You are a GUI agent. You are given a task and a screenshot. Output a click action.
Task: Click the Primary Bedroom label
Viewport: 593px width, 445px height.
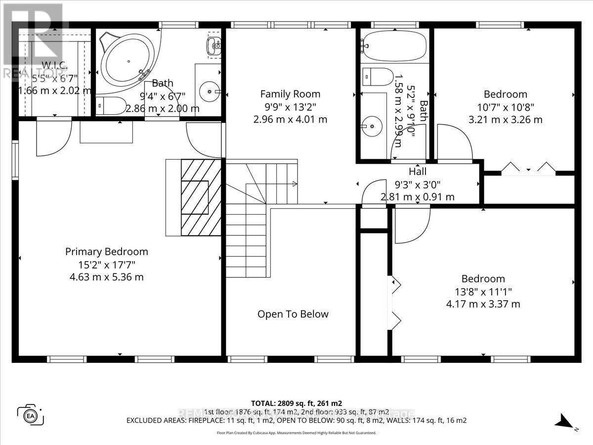107,252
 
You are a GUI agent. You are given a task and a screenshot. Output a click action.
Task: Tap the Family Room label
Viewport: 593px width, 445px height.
290,94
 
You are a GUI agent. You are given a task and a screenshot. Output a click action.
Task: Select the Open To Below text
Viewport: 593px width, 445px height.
293,314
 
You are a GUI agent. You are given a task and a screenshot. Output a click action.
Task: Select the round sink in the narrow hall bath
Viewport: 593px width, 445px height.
372,126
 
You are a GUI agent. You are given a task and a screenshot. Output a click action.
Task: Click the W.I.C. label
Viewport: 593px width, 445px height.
55,65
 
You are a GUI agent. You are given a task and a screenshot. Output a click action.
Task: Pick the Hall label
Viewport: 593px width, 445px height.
418,172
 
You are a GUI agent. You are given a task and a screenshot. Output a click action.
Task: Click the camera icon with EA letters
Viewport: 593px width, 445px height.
31,414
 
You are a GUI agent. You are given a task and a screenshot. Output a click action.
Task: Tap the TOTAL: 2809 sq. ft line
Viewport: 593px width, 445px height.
296,403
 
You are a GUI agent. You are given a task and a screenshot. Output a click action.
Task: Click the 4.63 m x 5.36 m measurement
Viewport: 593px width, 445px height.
107,277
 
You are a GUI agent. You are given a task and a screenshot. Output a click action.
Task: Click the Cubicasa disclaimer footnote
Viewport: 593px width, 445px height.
296,433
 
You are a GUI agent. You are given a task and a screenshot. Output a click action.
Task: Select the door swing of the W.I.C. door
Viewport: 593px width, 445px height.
51,137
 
